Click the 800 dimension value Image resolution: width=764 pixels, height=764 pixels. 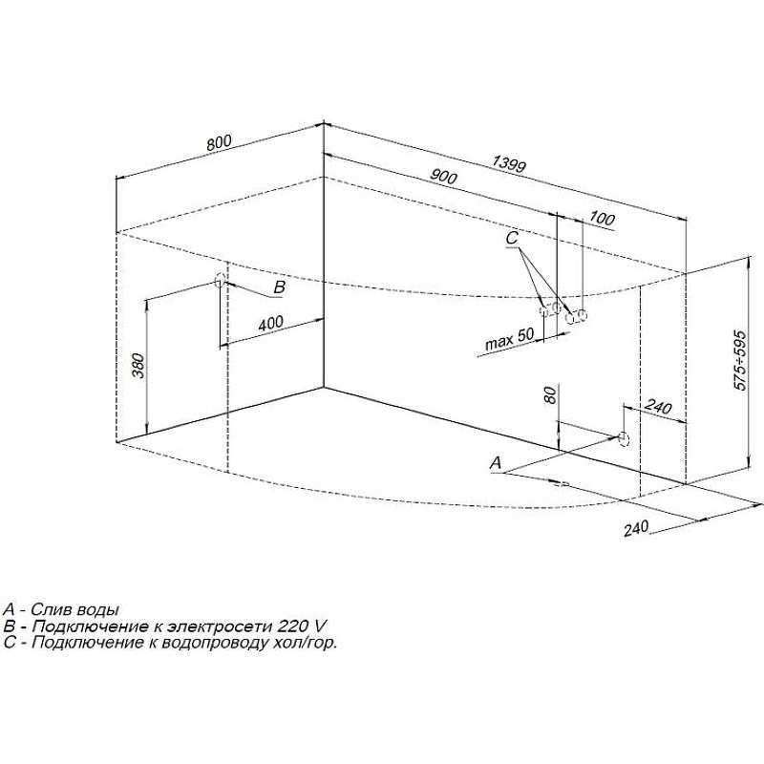click(220, 142)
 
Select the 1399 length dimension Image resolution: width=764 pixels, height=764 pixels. click(510, 163)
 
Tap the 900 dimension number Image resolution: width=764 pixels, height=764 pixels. click(443, 177)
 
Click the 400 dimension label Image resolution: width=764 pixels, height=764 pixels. click(270, 323)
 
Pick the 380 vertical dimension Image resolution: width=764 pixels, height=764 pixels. click(138, 365)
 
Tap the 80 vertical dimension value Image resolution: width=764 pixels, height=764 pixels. click(550, 394)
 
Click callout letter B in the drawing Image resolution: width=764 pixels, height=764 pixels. click(279, 287)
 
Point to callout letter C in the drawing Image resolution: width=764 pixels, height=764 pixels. click(512, 238)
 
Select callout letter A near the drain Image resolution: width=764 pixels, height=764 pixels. click(496, 463)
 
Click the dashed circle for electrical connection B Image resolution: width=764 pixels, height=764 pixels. click(220, 280)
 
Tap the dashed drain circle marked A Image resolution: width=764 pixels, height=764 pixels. click(624, 437)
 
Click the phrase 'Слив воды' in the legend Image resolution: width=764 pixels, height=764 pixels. click(75, 609)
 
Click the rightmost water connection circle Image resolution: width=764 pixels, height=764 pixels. click(582, 316)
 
